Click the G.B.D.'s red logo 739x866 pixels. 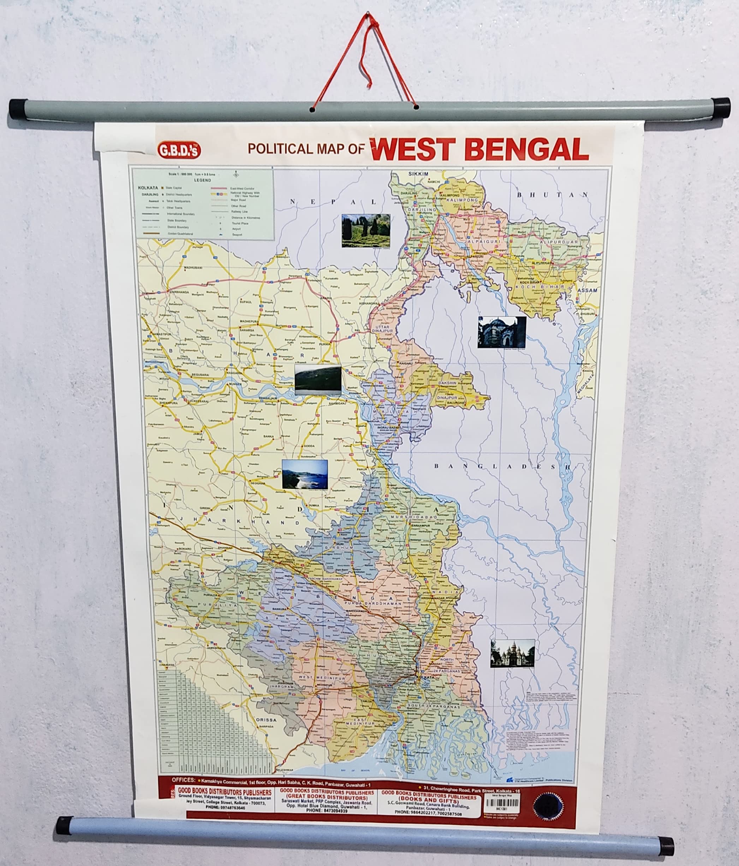(x=179, y=150)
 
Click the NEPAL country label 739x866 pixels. (x=333, y=202)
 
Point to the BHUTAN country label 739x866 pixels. (x=552, y=195)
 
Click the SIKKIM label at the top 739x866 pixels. (x=418, y=173)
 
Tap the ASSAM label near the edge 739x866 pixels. (x=587, y=290)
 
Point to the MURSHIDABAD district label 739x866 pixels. (x=413, y=517)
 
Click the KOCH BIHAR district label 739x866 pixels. (x=540, y=287)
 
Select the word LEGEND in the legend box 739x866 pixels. (x=203, y=180)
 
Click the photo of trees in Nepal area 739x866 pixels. (x=365, y=230)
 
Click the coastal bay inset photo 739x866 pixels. (x=305, y=474)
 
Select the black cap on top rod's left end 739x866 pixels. (x=18, y=109)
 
